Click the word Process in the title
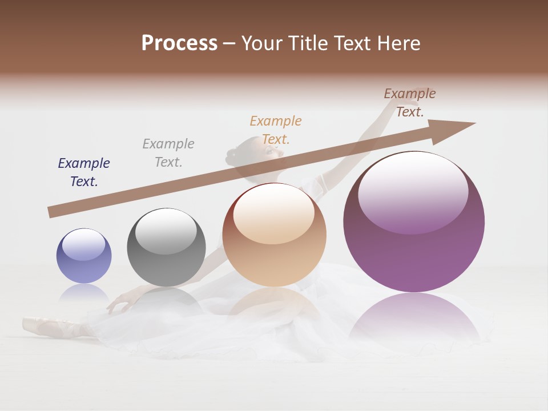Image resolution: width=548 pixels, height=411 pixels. point(179,43)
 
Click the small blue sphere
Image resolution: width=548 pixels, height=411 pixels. point(84,256)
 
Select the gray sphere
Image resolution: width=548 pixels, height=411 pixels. point(166,247)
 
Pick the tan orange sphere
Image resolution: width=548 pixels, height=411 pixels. point(275,235)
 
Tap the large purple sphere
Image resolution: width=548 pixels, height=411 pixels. point(414,221)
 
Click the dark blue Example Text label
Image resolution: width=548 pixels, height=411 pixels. point(84,172)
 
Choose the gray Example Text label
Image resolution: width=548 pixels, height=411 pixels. point(168,153)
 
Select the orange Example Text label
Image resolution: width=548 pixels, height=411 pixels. point(276,130)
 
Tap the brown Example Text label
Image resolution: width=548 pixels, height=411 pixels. point(410,103)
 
